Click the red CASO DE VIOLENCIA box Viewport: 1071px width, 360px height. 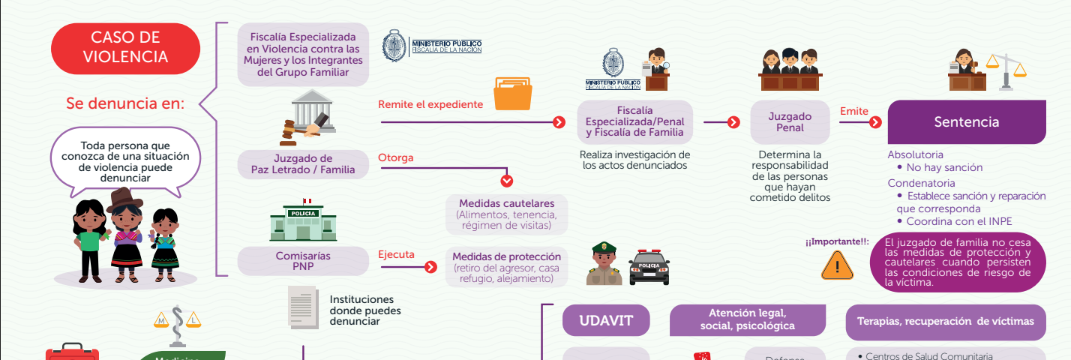126,48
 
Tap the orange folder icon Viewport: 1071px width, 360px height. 512,94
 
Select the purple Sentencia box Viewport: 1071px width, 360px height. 966,121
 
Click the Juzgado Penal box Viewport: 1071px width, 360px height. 790,121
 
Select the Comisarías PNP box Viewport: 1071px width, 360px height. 303,261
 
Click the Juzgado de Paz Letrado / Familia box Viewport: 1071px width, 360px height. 303,164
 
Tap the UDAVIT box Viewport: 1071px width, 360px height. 606,321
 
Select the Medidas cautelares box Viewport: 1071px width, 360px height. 507,214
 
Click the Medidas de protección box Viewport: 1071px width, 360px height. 506,267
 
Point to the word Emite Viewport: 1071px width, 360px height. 853,112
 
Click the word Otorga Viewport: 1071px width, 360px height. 395,158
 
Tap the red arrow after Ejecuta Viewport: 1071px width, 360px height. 430,267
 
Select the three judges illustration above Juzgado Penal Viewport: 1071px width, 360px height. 790,70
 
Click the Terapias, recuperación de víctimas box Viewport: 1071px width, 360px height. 945,321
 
